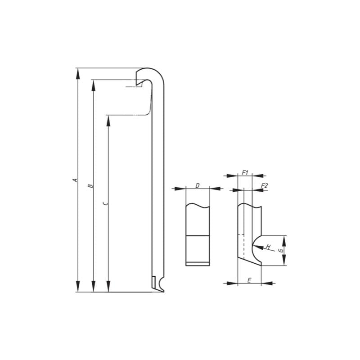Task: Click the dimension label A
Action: point(75,180)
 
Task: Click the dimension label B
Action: point(90,185)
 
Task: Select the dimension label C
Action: point(105,203)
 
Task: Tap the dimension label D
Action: point(198,185)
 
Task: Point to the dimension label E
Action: point(249,280)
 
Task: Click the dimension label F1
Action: point(245,172)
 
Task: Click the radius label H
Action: point(268,247)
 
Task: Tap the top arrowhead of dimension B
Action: point(93,85)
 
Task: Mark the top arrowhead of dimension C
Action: point(108,120)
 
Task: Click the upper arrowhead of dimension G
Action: point(284,240)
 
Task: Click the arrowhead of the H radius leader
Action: point(256,245)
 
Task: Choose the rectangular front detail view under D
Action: point(198,234)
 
